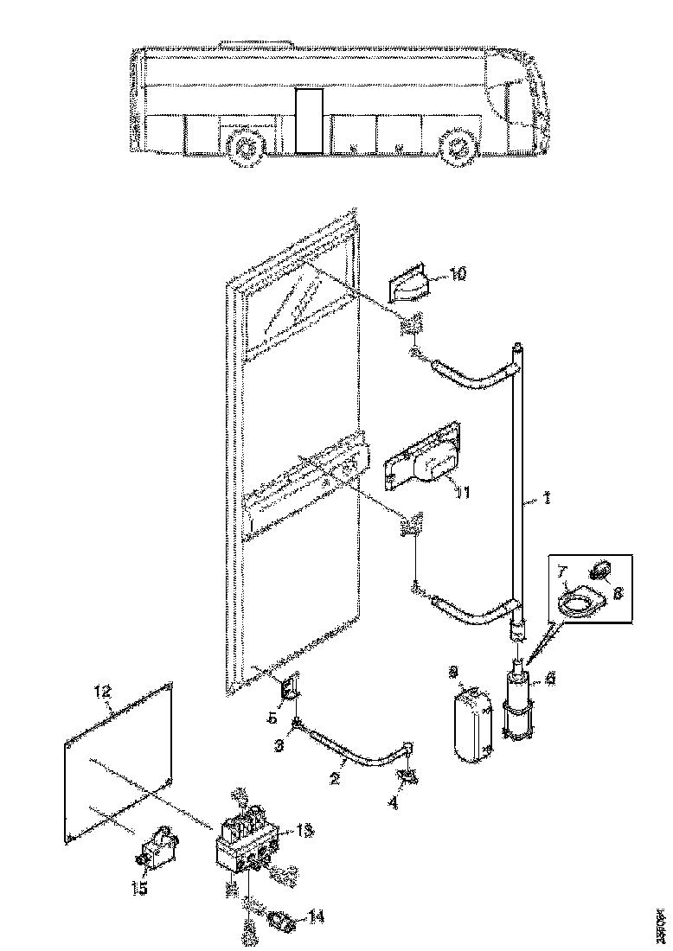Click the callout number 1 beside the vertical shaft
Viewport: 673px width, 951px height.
coord(547,499)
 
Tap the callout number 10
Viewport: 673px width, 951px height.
coord(458,274)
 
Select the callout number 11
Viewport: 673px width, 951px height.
coord(463,492)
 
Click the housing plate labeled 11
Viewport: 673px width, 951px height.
coord(424,463)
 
